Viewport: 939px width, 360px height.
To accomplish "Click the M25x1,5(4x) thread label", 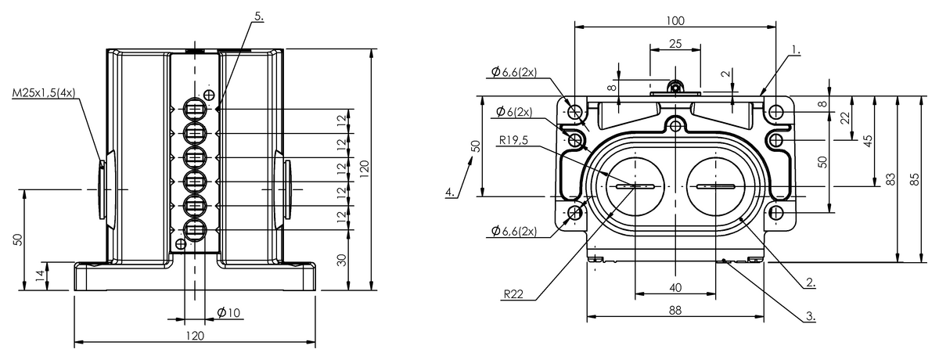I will tap(44, 93).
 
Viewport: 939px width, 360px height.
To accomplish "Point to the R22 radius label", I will tap(514, 294).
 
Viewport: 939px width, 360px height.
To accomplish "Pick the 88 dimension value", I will tap(675, 310).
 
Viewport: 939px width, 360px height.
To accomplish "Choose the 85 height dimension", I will tap(916, 179).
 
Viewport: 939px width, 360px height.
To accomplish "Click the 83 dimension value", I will tap(890, 179).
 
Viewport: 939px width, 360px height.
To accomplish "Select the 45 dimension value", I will tap(868, 140).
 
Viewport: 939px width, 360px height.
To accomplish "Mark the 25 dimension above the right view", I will tap(675, 45).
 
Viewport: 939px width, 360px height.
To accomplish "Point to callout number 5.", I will tap(260, 16).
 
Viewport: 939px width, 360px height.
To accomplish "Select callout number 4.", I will tap(450, 192).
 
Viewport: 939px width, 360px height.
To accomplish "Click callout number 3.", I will tap(811, 317).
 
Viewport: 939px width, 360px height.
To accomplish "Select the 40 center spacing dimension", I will tap(675, 287).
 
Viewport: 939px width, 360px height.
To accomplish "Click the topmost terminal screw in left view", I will tap(195, 107).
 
